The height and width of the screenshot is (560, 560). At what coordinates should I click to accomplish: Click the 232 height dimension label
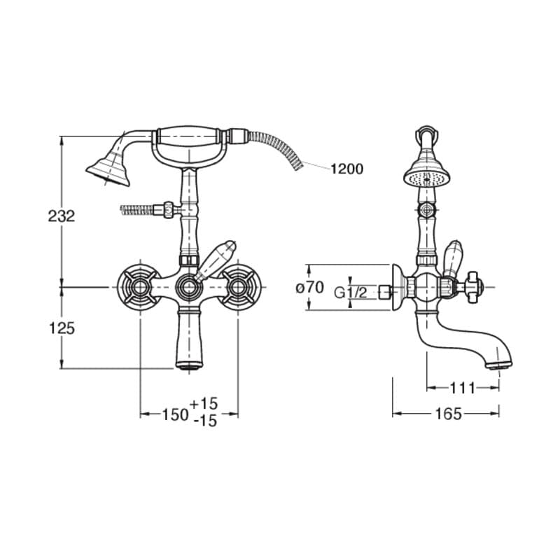tap(62, 216)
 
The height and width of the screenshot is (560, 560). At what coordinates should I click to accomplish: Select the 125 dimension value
tap(62, 328)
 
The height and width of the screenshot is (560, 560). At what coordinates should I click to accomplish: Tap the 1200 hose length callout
tap(346, 169)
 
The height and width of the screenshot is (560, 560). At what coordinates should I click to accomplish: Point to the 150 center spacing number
tap(175, 414)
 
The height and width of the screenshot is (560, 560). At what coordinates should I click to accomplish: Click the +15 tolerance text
tap(203, 404)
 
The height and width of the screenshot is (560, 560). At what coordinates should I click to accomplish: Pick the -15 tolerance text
tap(205, 421)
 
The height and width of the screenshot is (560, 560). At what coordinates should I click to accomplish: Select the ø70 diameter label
tap(310, 287)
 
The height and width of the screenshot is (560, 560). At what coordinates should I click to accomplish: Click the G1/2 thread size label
tap(351, 293)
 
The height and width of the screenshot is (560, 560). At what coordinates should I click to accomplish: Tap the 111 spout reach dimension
tap(462, 388)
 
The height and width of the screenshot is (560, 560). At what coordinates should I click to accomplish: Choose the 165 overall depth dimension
tap(449, 414)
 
